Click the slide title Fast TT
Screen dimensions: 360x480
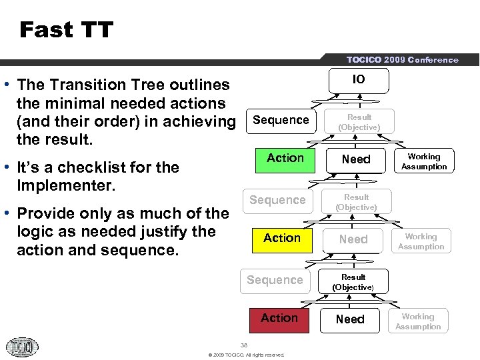[x=67, y=30]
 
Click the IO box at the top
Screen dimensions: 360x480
[x=359, y=80]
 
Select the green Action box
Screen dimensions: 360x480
[x=285, y=159]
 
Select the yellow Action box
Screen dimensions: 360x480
[x=282, y=239]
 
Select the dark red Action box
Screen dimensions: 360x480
[x=279, y=319]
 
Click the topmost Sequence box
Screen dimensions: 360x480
[x=281, y=120]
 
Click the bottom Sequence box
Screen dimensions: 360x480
[x=275, y=280]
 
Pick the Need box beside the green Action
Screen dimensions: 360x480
[x=356, y=159]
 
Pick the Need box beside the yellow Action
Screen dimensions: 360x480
[x=353, y=239]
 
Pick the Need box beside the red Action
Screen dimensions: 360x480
[x=350, y=319]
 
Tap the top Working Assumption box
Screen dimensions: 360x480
[x=424, y=161]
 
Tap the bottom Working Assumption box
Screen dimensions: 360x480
[x=418, y=321]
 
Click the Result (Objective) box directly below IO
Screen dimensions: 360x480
[x=359, y=122]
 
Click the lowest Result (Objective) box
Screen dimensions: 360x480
[x=353, y=282]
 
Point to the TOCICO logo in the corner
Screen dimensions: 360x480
[x=23, y=346]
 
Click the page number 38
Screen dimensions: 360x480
[x=244, y=345]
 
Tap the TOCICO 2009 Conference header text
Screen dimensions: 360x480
[x=402, y=60]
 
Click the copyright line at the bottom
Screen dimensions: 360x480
[x=246, y=355]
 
